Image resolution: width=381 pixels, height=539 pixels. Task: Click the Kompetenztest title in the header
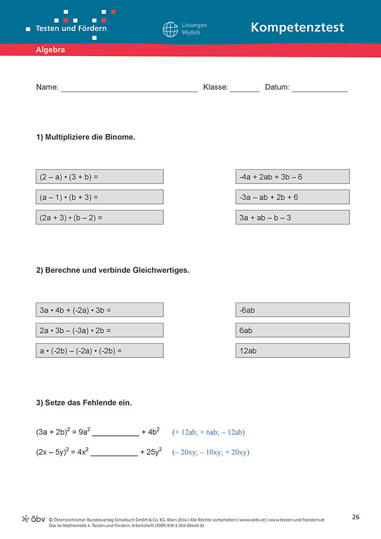pyautogui.click(x=297, y=27)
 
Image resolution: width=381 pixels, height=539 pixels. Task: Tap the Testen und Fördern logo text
pyautogui.click(x=71, y=28)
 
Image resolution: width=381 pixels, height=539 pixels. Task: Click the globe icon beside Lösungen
pyautogui.click(x=170, y=30)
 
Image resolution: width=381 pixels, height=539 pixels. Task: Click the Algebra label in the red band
pyautogui.click(x=50, y=51)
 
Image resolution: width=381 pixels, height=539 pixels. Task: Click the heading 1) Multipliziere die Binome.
pyautogui.click(x=86, y=137)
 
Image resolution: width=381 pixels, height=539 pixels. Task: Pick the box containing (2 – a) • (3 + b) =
pyautogui.click(x=99, y=177)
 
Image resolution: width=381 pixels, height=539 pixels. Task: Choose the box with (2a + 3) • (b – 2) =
pyautogui.click(x=99, y=217)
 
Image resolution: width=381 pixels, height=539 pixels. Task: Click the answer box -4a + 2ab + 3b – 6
pyautogui.click(x=292, y=177)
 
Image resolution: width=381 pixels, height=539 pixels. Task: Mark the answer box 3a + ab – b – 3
pyautogui.click(x=292, y=217)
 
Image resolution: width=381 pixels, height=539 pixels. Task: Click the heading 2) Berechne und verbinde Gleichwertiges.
pyautogui.click(x=113, y=270)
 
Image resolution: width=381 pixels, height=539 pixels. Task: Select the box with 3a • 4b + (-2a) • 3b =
pyautogui.click(x=99, y=310)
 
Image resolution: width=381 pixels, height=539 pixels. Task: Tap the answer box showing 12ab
pyautogui.click(x=292, y=351)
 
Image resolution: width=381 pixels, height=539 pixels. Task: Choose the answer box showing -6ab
pyautogui.click(x=292, y=310)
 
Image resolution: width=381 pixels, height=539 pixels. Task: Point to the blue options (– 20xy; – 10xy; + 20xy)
pyautogui.click(x=211, y=453)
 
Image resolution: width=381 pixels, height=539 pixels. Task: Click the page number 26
pyautogui.click(x=355, y=517)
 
